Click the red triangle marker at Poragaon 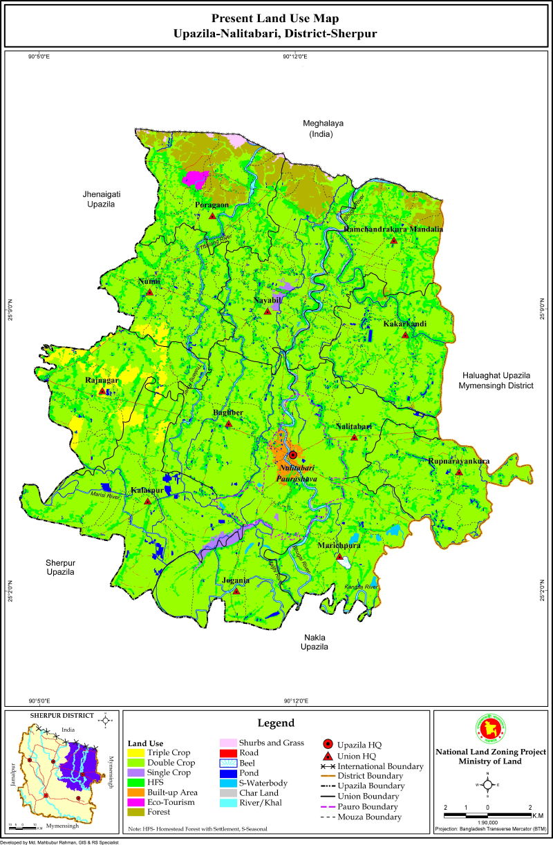click(x=212, y=216)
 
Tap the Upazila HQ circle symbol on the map click(x=293, y=455)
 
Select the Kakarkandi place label click(x=404, y=324)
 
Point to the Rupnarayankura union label click(x=458, y=461)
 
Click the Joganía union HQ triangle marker click(x=236, y=591)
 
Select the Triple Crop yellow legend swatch click(x=137, y=752)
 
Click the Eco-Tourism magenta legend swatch click(x=137, y=802)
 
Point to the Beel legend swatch click(x=228, y=763)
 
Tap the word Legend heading click(x=276, y=723)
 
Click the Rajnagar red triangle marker click(x=102, y=391)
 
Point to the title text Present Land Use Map click(x=275, y=19)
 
